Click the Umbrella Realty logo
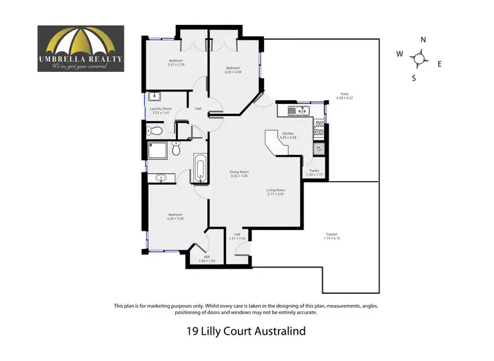point(80,48)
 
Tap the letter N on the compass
point(423,40)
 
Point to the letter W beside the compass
point(399,55)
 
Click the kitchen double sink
point(298,111)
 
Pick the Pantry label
point(314,171)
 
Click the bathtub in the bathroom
point(200,169)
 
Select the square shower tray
point(156,151)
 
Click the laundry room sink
point(152,97)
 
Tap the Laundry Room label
point(161,110)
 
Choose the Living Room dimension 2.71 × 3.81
point(275,194)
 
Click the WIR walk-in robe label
point(207,258)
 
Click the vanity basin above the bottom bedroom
point(161,178)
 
